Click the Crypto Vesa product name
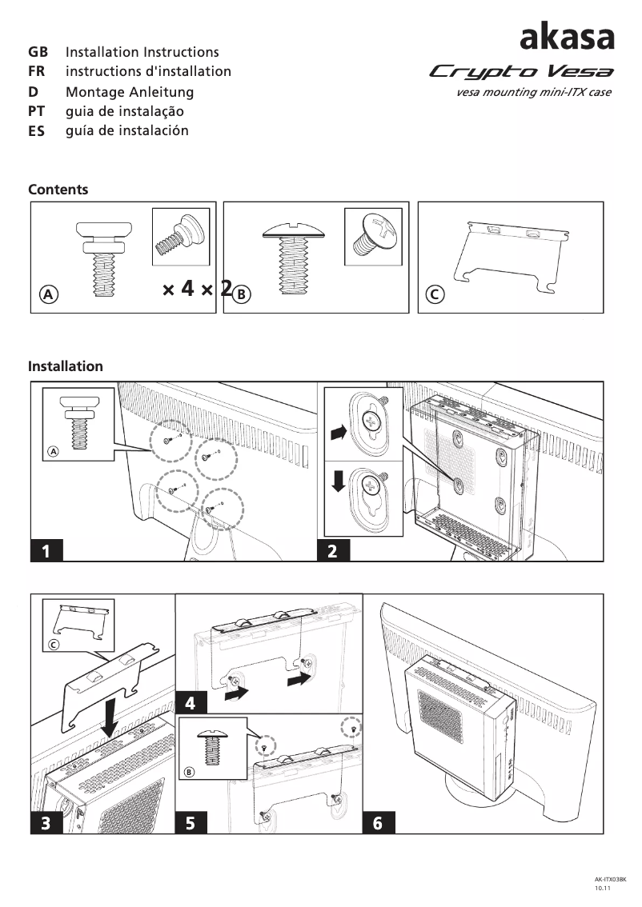pos(521,72)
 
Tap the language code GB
pos(38,52)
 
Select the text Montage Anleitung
pos(129,92)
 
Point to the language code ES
pos(37,131)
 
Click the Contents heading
pos(58,190)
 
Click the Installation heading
pos(66,366)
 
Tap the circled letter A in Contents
pos(49,294)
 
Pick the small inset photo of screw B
pos(372,236)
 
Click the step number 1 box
pos(47,551)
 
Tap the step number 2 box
pos(333,551)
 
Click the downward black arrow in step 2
pos(339,481)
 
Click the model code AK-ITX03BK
pos(609,878)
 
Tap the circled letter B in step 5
pos(189,772)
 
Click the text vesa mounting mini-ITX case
pos(533,92)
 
